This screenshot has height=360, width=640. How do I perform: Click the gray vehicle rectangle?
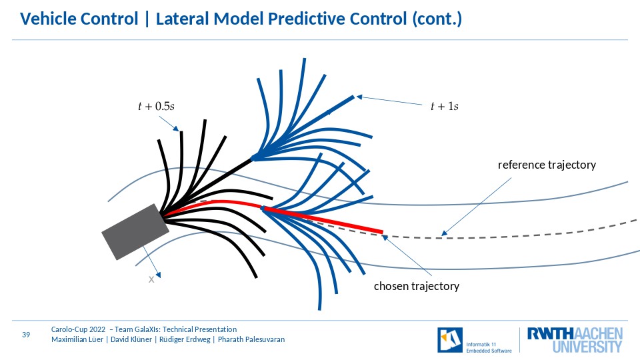(x=135, y=232)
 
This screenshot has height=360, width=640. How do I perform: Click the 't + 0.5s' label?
(x=156, y=106)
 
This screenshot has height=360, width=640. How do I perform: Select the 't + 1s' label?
(x=445, y=106)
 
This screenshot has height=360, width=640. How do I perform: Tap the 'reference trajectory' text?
(x=547, y=165)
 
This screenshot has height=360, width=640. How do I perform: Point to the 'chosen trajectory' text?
(x=417, y=286)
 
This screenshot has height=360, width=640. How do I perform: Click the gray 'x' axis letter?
(x=151, y=279)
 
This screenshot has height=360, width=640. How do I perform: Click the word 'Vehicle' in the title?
(x=49, y=19)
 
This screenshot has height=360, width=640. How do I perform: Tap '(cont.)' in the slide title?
(x=437, y=19)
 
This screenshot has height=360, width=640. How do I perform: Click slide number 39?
(x=26, y=335)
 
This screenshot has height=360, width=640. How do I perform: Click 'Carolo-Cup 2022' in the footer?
(x=78, y=329)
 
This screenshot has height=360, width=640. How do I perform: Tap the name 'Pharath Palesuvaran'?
(x=251, y=339)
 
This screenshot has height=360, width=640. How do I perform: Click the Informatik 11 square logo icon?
(x=450, y=339)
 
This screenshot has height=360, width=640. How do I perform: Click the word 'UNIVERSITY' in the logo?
(x=587, y=347)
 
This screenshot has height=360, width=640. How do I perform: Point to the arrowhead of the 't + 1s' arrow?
(x=359, y=97)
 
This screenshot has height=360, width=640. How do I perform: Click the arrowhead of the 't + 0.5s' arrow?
(x=176, y=129)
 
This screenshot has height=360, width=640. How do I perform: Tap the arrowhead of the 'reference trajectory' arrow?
(x=444, y=233)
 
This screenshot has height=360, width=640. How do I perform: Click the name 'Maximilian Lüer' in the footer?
(x=77, y=339)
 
